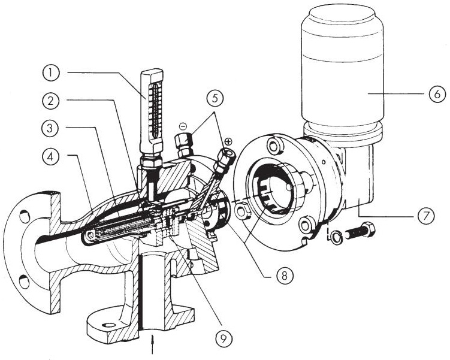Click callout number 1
pos(51,73)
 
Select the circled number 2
pos(51,101)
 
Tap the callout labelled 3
pos(50,128)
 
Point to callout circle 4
pos(51,156)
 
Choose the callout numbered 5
pos(215,98)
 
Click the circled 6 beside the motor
pos(437,93)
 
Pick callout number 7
pos(425,216)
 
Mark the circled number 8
pos(284,276)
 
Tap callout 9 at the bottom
pos(224,339)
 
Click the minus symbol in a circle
pos(183,126)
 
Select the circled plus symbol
pos(228,141)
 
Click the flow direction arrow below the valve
pos(152,344)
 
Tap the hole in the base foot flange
pos(109,325)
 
